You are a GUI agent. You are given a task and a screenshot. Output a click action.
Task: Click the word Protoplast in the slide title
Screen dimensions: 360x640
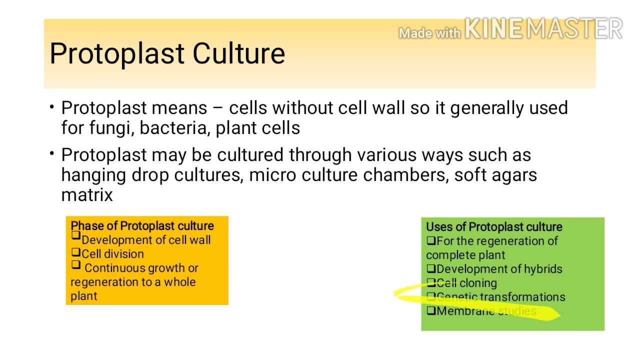118,53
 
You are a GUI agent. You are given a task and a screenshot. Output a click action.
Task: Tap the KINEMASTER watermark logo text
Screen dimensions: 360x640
543,29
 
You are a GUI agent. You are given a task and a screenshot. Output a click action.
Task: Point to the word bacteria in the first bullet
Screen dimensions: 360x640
175,128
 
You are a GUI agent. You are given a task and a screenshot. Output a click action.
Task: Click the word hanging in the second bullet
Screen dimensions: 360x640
93,175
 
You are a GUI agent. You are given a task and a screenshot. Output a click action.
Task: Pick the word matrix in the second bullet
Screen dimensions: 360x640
87,195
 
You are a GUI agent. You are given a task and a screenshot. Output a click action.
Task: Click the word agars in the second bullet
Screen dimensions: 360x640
516,175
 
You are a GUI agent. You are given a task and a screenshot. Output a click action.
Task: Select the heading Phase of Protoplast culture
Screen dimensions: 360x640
142,226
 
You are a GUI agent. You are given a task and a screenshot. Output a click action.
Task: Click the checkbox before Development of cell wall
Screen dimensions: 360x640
76,236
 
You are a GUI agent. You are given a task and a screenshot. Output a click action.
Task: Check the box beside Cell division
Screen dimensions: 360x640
76,253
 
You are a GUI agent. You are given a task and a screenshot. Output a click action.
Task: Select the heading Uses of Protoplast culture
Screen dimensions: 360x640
494,227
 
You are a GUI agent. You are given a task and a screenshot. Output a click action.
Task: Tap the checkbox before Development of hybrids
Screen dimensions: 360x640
431,269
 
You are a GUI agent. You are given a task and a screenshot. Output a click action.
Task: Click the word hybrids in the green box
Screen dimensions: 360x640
541,269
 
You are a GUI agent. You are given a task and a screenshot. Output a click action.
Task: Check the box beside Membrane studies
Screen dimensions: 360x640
431,311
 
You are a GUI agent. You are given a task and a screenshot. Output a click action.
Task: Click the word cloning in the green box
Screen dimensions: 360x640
478,283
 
